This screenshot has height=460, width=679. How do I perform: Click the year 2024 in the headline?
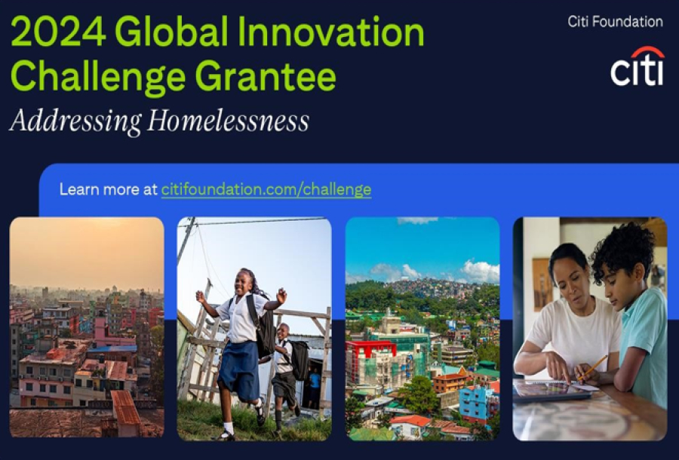[x=58, y=32]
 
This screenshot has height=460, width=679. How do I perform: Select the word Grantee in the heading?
[x=266, y=78]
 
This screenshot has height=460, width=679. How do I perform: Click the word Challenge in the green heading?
[x=98, y=78]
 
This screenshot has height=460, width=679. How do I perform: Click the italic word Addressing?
[x=75, y=121]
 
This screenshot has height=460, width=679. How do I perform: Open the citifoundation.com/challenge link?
[x=266, y=190]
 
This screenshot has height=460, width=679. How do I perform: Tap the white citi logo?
[x=637, y=72]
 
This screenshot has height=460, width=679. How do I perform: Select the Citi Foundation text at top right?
[x=615, y=22]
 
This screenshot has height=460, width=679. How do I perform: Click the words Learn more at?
[x=108, y=189]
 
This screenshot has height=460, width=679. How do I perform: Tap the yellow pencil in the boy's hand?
[x=593, y=367]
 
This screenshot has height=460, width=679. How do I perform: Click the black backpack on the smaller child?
[x=300, y=360]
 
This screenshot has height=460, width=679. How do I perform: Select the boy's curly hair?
[x=622, y=250]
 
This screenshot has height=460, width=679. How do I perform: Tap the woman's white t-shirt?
[x=573, y=331]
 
